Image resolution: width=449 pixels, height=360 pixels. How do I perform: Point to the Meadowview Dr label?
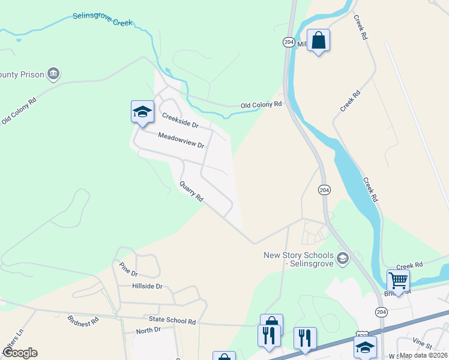point(181,140)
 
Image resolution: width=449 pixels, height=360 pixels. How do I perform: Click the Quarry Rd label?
point(191,191)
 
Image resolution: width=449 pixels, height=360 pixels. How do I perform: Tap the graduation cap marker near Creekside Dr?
point(142,112)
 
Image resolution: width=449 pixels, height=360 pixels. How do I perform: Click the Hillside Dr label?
point(148,286)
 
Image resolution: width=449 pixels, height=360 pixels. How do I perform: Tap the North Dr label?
point(148,331)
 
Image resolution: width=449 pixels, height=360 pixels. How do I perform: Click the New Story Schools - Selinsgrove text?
point(299,260)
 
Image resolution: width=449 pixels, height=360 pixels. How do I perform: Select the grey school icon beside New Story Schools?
point(343,259)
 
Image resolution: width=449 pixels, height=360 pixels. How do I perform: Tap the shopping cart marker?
point(398,280)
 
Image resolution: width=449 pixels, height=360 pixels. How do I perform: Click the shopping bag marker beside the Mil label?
point(319,41)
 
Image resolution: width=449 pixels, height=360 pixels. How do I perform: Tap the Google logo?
point(19,353)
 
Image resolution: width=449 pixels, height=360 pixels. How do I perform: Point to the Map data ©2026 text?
point(424,355)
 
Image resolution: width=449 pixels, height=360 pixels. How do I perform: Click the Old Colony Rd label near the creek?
point(261,104)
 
